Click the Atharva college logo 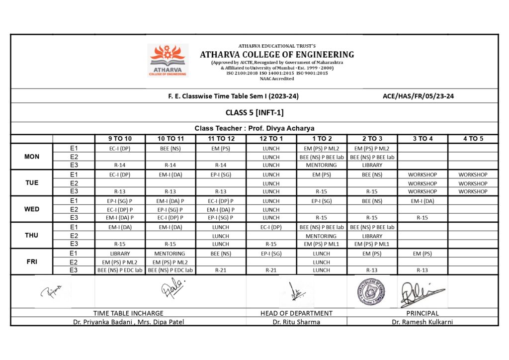pos(168,60)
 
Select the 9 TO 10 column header pos(120,139)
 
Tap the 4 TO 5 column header pos(473,139)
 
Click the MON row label pos(32,157)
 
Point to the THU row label pos(32,235)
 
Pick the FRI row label pos(32,262)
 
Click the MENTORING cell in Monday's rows pos(321,165)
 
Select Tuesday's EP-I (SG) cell pos(221,175)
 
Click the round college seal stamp pos(371,291)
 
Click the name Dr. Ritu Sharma pos(296,322)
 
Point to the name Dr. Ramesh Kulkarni pos(422,322)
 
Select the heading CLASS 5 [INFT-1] pos(254,113)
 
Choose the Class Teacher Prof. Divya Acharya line pos(254,128)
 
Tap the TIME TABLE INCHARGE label pos(128,313)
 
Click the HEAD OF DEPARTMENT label pos(296,313)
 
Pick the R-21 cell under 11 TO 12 pos(221,270)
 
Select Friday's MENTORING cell pos(170,254)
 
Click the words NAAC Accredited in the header pos(277,79)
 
